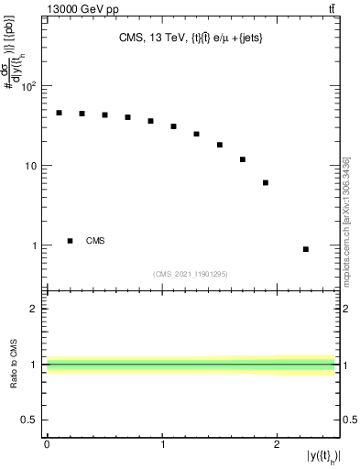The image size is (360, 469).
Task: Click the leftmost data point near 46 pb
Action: coord(59,113)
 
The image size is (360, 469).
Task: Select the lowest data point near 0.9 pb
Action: coord(305,249)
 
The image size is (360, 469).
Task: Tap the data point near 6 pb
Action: coord(265,183)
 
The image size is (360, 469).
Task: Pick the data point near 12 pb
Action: coord(243,159)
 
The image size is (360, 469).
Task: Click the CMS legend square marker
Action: coord(70,241)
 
